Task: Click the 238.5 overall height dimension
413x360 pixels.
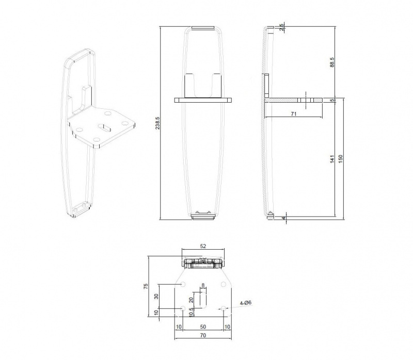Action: (x=157, y=123)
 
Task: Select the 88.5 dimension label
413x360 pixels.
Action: (x=332, y=62)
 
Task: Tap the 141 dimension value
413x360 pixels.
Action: (x=332, y=159)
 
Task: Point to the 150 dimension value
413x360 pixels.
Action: (x=341, y=159)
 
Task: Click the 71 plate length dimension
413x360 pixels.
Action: (x=294, y=114)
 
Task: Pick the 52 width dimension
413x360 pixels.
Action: (x=203, y=247)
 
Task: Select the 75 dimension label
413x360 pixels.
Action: (x=146, y=287)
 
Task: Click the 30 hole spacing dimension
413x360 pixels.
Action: (x=156, y=297)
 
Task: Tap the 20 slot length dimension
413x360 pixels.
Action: (x=192, y=299)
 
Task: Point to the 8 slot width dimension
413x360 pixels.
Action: (x=203, y=285)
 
